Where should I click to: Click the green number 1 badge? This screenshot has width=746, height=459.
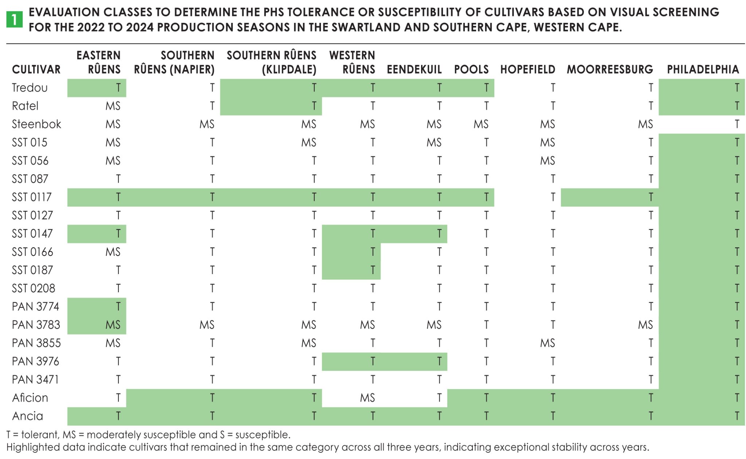pyautogui.click(x=14, y=19)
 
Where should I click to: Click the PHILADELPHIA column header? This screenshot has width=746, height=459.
pyautogui.click(x=702, y=69)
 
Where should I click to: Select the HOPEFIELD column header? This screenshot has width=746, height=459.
pyautogui.click(x=527, y=69)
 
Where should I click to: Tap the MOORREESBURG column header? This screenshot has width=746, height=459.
pyautogui.click(x=609, y=69)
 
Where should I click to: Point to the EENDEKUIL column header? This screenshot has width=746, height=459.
pyautogui.click(x=414, y=69)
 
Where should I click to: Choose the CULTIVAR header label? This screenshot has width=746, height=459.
pyautogui.click(x=36, y=69)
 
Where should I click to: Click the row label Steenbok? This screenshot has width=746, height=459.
pyautogui.click(x=36, y=124)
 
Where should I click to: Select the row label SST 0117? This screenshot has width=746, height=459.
pyautogui.click(x=32, y=197)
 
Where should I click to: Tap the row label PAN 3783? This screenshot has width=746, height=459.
pyautogui.click(x=36, y=325)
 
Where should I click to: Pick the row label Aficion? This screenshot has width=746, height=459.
pyautogui.click(x=30, y=397)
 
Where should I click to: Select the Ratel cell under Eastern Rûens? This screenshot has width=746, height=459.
pyautogui.click(x=113, y=106)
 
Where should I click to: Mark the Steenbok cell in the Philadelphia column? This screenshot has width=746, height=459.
pyautogui.click(x=737, y=124)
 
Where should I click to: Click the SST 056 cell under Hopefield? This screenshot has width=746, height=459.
pyautogui.click(x=547, y=161)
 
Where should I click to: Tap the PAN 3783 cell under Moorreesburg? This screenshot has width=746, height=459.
pyautogui.click(x=645, y=325)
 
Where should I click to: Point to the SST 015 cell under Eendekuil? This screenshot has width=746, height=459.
pyautogui.click(x=433, y=142)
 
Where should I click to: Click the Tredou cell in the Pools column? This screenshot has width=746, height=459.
pyautogui.click(x=486, y=88)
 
